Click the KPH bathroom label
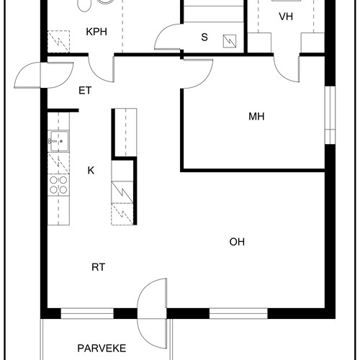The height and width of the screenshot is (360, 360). pyautogui.click(x=96, y=32)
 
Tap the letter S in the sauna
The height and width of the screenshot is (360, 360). pyautogui.click(x=204, y=37)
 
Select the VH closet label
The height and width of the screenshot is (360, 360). pyautogui.click(x=286, y=17)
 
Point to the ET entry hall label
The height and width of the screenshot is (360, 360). pyautogui.click(x=85, y=91)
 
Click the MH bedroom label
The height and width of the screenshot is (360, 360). pyautogui.click(x=256, y=117)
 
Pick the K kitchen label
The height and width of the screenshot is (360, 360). pyautogui.click(x=91, y=171)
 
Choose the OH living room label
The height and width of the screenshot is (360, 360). pyautogui.click(x=237, y=242)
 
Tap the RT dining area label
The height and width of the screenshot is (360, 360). pyautogui.click(x=99, y=267)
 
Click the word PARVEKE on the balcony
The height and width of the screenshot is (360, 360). pyautogui.click(x=102, y=348)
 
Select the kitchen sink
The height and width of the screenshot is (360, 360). pyautogui.click(x=58, y=141)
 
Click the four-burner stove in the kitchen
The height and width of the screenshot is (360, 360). pyautogui.click(x=58, y=185)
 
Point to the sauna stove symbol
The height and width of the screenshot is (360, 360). pyautogui.click(x=230, y=41)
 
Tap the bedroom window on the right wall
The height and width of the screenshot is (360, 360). pyautogui.click(x=330, y=115)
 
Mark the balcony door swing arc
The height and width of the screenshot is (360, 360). pyautogui.click(x=140, y=313)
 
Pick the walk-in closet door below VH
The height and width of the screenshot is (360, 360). pyautogui.click(x=287, y=69)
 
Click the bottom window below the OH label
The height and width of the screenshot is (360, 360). pyautogui.click(x=238, y=313)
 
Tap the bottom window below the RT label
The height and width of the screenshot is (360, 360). pyautogui.click(x=87, y=313)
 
